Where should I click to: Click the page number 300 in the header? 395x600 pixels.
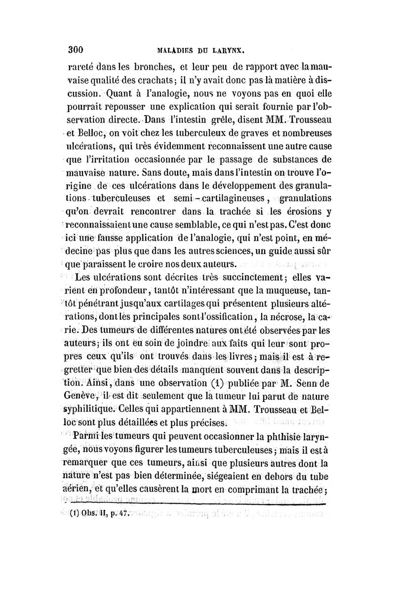[77, 49]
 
